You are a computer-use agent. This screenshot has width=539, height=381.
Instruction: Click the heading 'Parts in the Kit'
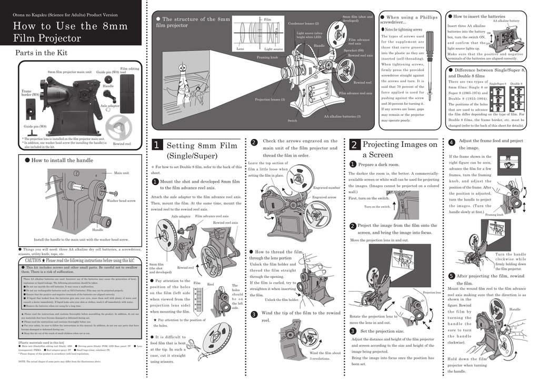tap(42, 53)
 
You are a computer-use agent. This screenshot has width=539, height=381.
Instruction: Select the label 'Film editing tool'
tap(129, 71)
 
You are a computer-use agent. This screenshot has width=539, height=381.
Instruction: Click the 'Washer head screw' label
tap(121, 201)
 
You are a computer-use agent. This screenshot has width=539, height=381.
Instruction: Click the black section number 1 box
tap(156, 145)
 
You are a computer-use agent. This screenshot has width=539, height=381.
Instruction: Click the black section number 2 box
tap(354, 145)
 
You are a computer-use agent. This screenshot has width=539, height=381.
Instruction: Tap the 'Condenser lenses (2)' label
tap(304, 24)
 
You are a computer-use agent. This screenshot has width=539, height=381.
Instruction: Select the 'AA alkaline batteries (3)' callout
tap(342, 116)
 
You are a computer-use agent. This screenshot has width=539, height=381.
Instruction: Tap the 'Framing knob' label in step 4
tap(494, 215)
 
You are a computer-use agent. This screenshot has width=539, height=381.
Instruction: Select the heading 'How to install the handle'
tap(62, 160)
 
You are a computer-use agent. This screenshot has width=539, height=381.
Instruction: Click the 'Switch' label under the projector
tap(292, 121)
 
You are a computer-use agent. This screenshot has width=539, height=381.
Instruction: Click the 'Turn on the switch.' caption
tap(377, 207)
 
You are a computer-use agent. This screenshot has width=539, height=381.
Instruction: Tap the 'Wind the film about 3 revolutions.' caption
tap(325, 355)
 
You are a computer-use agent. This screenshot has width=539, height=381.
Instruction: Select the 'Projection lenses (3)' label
tap(269, 99)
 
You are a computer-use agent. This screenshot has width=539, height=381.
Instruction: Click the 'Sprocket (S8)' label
tap(353, 51)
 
